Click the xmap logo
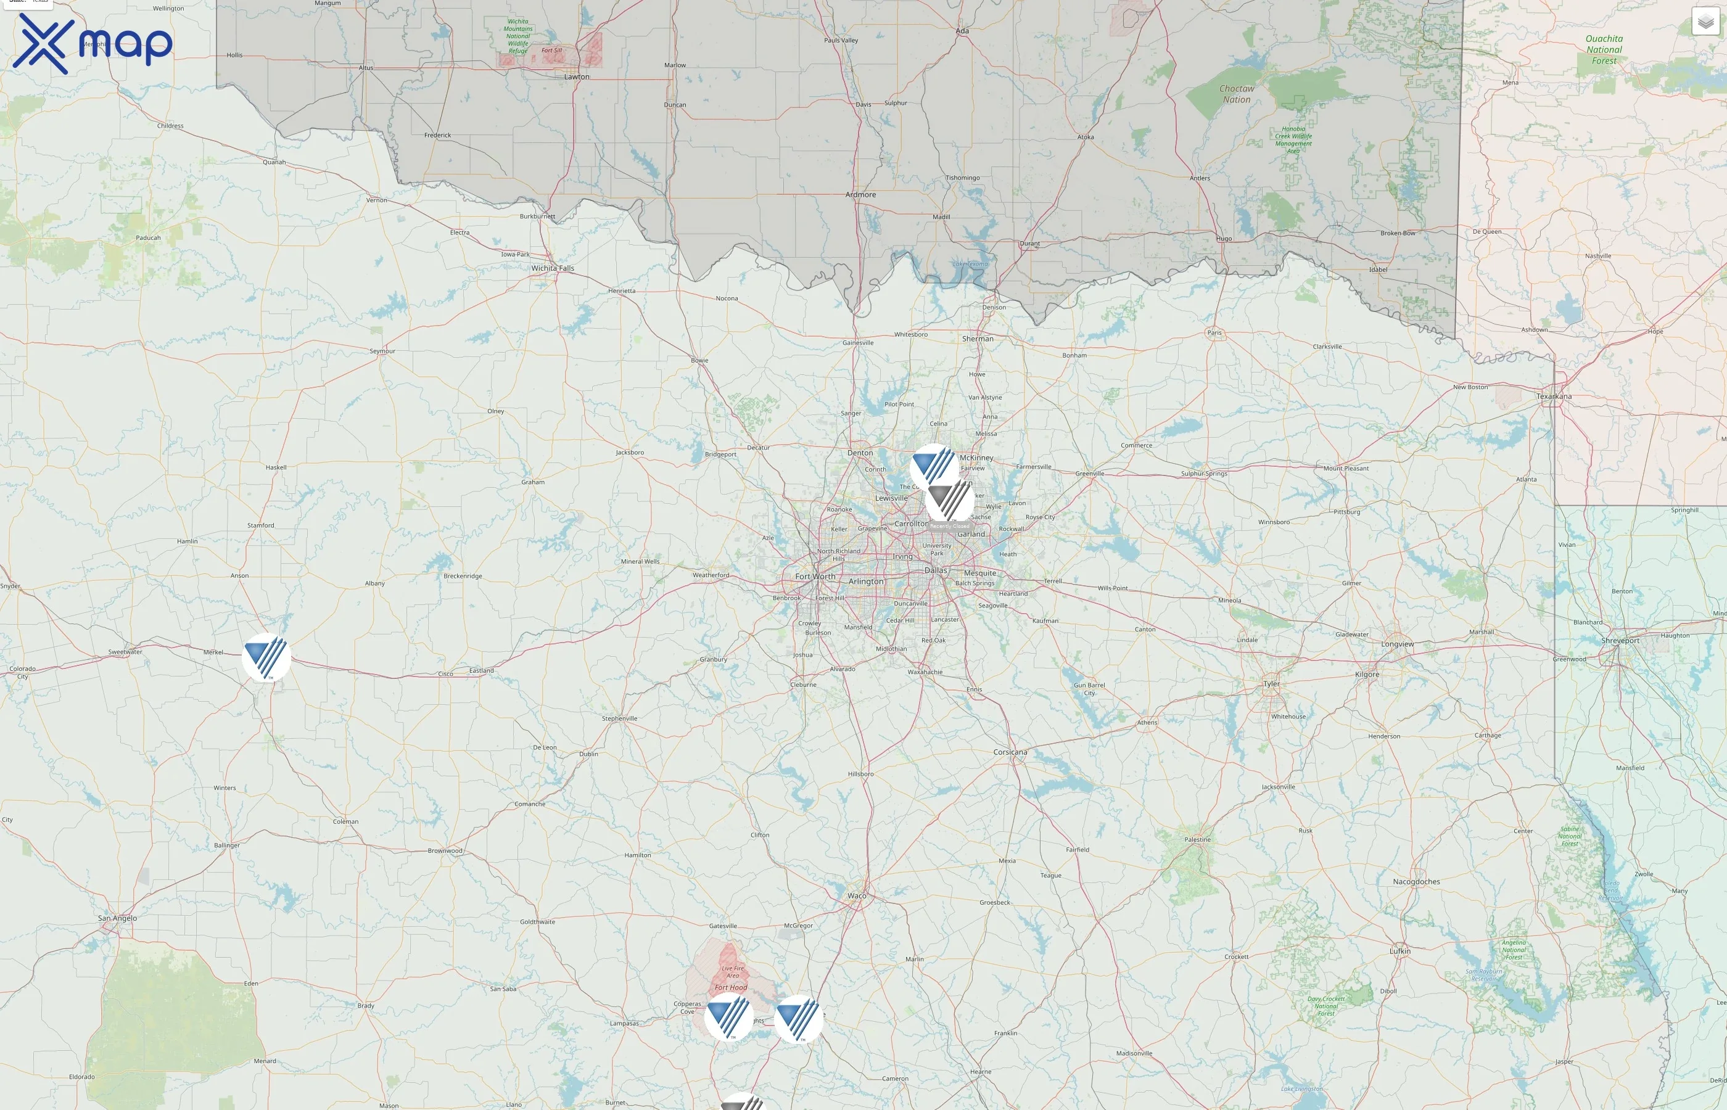click(93, 43)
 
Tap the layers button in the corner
click(1705, 22)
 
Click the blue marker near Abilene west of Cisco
click(266, 657)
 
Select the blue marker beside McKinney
click(934, 467)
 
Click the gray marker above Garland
click(949, 499)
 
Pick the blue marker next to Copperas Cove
click(728, 1016)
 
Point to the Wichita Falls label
click(553, 268)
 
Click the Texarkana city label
click(1554, 397)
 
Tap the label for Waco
click(857, 896)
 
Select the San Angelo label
click(117, 918)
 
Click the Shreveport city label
click(1620, 641)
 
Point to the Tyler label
click(1271, 684)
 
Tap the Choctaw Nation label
click(1237, 94)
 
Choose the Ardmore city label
click(860, 195)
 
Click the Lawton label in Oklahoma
click(577, 76)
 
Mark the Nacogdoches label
click(1416, 881)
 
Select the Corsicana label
click(1010, 752)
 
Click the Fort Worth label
click(815, 577)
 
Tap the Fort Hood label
click(731, 987)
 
